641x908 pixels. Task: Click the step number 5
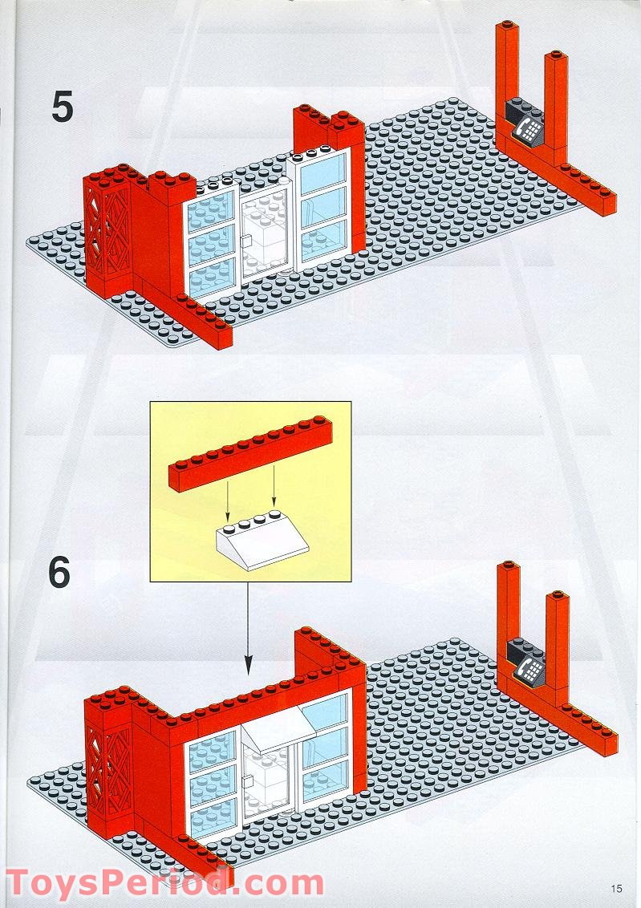click(x=63, y=107)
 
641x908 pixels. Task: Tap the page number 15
click(x=616, y=887)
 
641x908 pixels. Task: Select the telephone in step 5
click(x=528, y=128)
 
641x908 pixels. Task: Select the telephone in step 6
click(x=529, y=668)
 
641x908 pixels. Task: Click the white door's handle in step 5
click(x=249, y=239)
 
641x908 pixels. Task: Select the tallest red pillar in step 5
click(x=506, y=80)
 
